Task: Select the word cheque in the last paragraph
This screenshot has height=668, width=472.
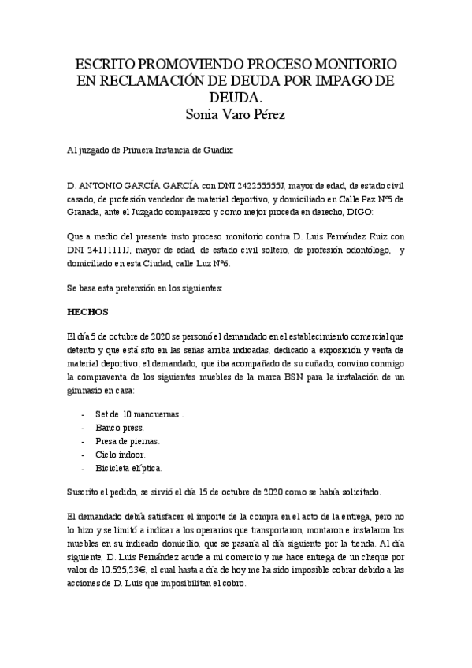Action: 364,557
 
